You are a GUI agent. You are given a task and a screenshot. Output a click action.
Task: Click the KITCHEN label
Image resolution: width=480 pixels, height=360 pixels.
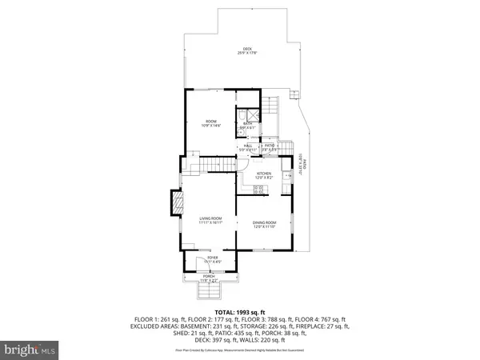point(264,174)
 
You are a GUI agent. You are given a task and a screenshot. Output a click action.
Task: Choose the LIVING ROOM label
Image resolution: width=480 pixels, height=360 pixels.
point(210,219)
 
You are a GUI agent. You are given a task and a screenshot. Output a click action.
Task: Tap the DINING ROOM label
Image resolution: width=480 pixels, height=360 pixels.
point(264,225)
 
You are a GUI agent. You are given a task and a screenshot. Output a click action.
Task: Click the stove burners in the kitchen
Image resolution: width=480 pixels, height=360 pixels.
point(259,190)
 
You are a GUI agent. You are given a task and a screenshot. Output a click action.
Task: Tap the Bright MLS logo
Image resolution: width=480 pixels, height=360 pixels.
point(30,350)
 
